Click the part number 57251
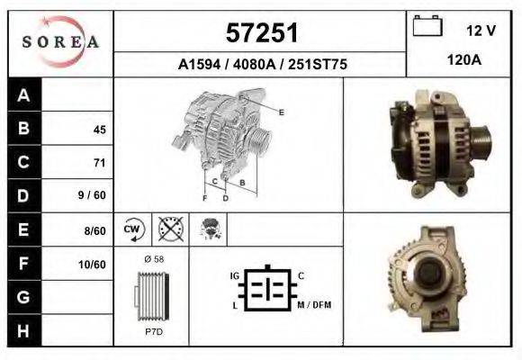(x=260, y=33)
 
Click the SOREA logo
(x=59, y=41)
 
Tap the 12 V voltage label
(x=481, y=31)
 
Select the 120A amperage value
(x=464, y=60)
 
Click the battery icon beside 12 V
(x=427, y=28)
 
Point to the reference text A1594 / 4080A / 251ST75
(x=262, y=65)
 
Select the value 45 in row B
(x=99, y=130)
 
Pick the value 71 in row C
(x=99, y=163)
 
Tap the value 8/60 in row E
(x=94, y=229)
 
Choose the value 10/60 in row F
(x=93, y=264)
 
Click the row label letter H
(x=23, y=330)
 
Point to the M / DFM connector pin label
(x=314, y=305)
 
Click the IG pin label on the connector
(x=235, y=274)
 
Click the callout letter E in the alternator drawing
(x=282, y=112)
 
